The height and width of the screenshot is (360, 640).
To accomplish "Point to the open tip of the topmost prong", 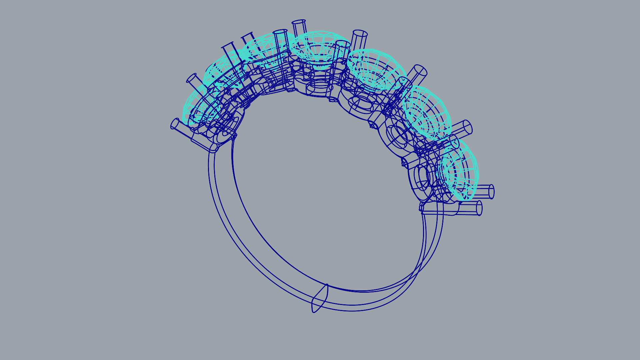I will (299, 23).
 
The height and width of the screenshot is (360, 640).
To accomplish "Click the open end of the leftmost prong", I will (174, 124).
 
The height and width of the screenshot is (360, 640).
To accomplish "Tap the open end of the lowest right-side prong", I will (479, 208).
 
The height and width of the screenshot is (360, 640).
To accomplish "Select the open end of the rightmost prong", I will (491, 192).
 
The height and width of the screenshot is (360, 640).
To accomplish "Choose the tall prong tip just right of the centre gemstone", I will (360, 34).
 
